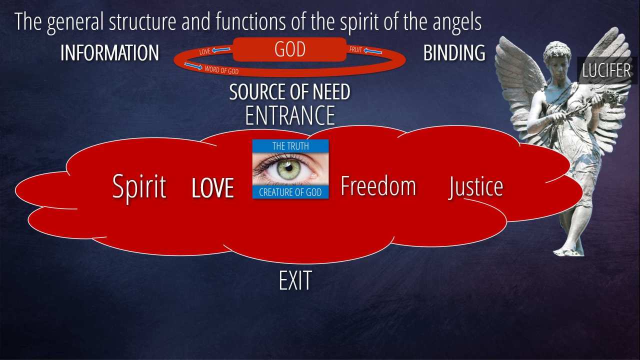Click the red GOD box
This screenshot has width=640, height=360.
(289, 49)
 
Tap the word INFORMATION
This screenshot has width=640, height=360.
(109, 53)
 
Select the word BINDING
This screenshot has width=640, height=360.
(454, 53)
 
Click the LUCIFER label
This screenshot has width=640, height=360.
(606, 70)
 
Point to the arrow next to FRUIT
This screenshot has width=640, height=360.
(372, 51)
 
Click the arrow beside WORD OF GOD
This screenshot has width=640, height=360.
(193, 66)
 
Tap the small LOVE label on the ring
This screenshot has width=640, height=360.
(204, 51)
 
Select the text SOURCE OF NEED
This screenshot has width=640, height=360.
(289, 92)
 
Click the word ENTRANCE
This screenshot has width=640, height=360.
(290, 115)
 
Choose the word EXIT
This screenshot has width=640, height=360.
(295, 280)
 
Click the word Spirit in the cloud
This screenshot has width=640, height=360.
(139, 187)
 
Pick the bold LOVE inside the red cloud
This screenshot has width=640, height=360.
(213, 188)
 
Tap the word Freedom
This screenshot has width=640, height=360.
(378, 186)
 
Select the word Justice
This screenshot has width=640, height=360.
(475, 187)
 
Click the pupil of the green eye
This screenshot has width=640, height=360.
(289, 168)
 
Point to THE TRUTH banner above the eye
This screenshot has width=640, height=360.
(290, 146)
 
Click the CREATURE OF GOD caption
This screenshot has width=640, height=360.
(290, 192)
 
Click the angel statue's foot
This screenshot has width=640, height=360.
(567, 251)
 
